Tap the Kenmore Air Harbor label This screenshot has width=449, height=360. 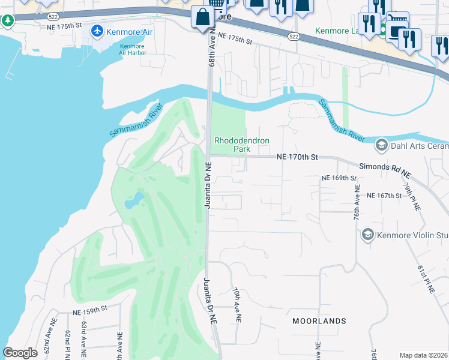[133, 49]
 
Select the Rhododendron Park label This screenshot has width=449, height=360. [241, 145]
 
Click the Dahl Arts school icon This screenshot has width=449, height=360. [381, 145]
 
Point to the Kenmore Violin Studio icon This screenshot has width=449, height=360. [367, 235]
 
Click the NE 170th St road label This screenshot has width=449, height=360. [297, 157]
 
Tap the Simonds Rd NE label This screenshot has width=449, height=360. [385, 169]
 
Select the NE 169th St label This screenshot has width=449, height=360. [339, 178]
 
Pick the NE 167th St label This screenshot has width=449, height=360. [384, 196]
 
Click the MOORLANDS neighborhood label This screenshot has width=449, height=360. [319, 321]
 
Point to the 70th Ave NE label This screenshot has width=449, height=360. [237, 305]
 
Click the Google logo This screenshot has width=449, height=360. [20, 353]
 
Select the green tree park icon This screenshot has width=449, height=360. [7, 21]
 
